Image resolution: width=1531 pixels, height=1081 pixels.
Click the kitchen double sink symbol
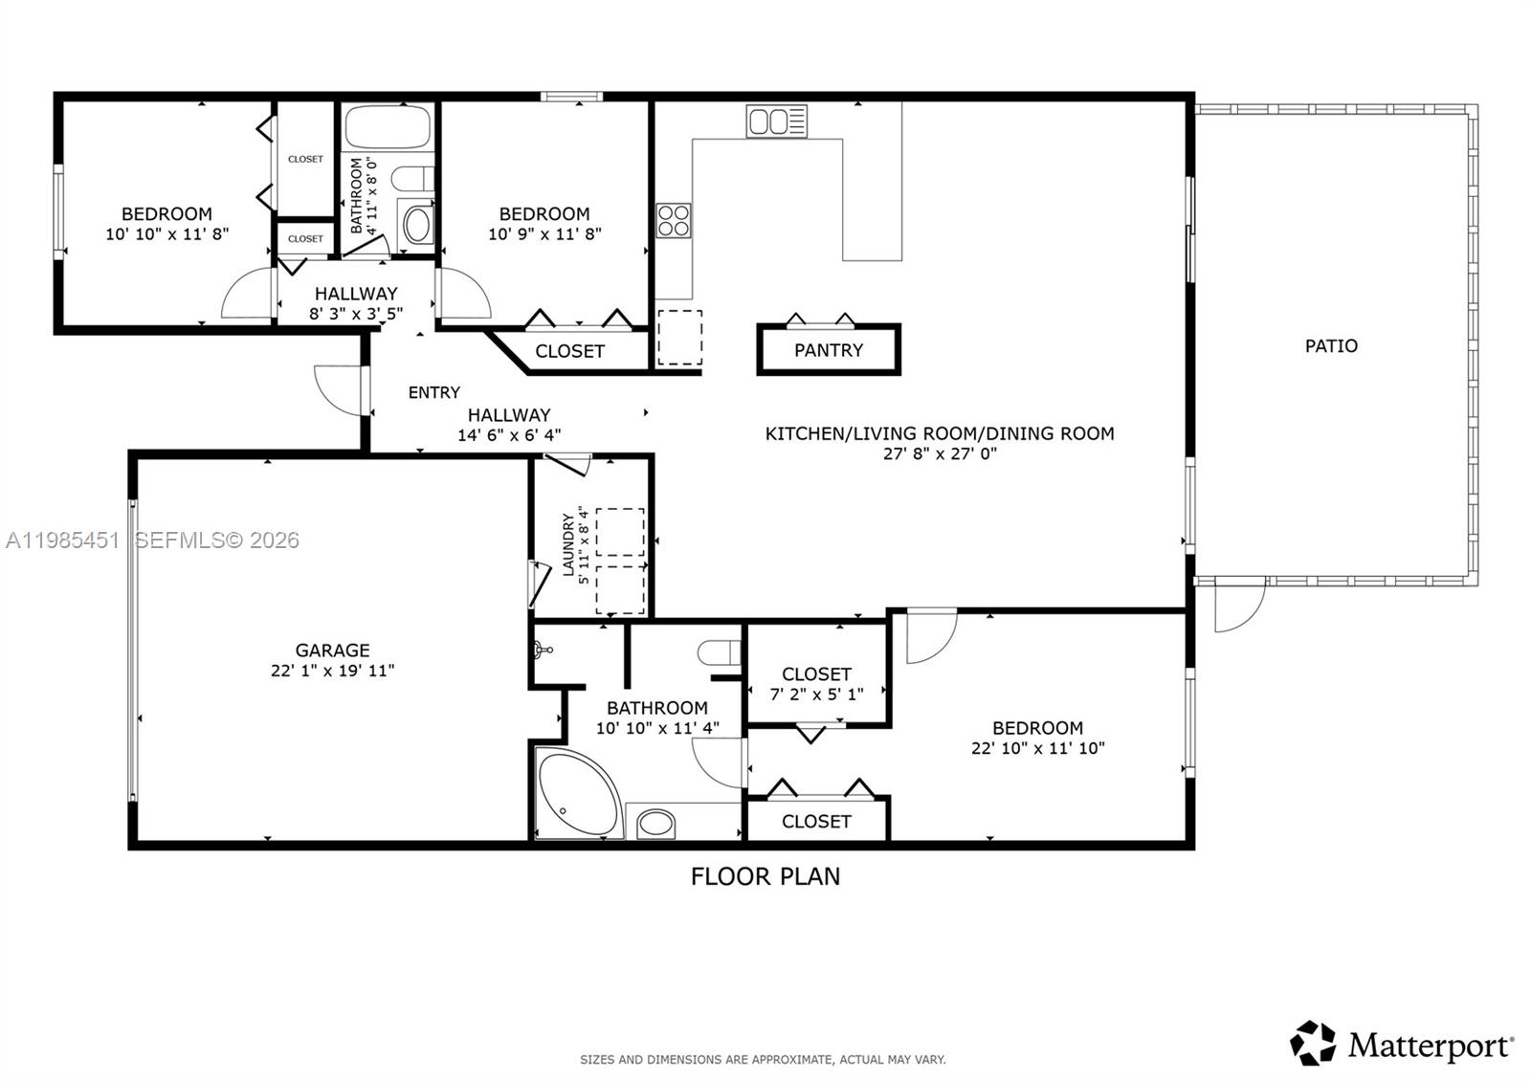tap(776, 121)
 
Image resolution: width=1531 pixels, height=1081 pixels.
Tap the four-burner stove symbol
tap(674, 220)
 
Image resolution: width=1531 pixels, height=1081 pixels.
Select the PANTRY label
tap(829, 350)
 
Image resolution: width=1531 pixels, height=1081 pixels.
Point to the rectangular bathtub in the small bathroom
tap(388, 126)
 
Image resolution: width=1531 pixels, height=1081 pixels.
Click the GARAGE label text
tap(332, 651)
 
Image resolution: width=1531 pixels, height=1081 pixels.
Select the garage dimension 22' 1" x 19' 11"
tap(332, 672)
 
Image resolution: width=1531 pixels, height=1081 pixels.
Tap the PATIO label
tap(1331, 346)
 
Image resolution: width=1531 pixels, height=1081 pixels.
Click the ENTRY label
tap(433, 392)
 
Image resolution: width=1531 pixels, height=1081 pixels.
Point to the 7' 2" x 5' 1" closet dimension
tap(816, 695)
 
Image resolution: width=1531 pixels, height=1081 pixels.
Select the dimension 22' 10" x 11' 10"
tap(1037, 749)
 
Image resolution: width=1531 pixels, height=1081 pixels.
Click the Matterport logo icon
tap(1313, 1043)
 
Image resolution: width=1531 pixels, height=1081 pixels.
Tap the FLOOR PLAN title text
tap(765, 876)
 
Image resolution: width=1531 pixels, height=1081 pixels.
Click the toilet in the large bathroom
tap(719, 653)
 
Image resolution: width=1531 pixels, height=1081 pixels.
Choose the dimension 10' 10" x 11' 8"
tap(166, 234)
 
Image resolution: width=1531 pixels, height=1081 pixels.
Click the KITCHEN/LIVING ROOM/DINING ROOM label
tap(940, 433)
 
